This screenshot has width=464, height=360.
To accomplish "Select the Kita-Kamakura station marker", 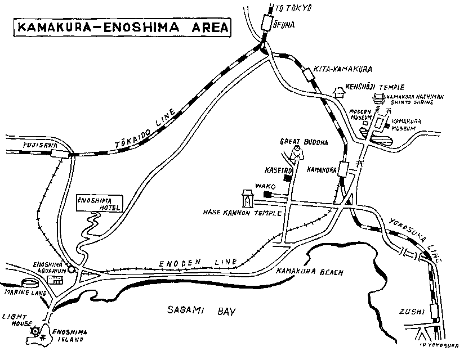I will (x=307, y=73).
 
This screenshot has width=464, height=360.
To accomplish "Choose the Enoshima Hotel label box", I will (x=93, y=204).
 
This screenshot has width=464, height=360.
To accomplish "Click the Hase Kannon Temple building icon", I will (x=247, y=198).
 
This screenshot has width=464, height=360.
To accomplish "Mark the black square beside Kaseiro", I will (x=288, y=178).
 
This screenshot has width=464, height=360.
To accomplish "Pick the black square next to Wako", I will (x=267, y=194).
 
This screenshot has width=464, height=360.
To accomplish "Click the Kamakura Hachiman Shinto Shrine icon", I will (x=378, y=100).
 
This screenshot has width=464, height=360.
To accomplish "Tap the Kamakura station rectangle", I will (x=342, y=169).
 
